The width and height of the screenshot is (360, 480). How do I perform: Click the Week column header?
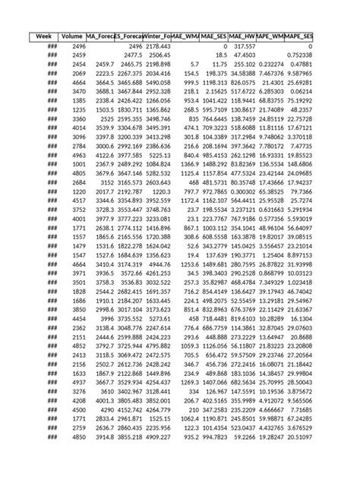[x=43, y=36]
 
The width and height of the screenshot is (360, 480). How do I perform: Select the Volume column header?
[x=72, y=36]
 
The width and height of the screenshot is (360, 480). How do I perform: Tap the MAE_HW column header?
[x=242, y=36]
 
